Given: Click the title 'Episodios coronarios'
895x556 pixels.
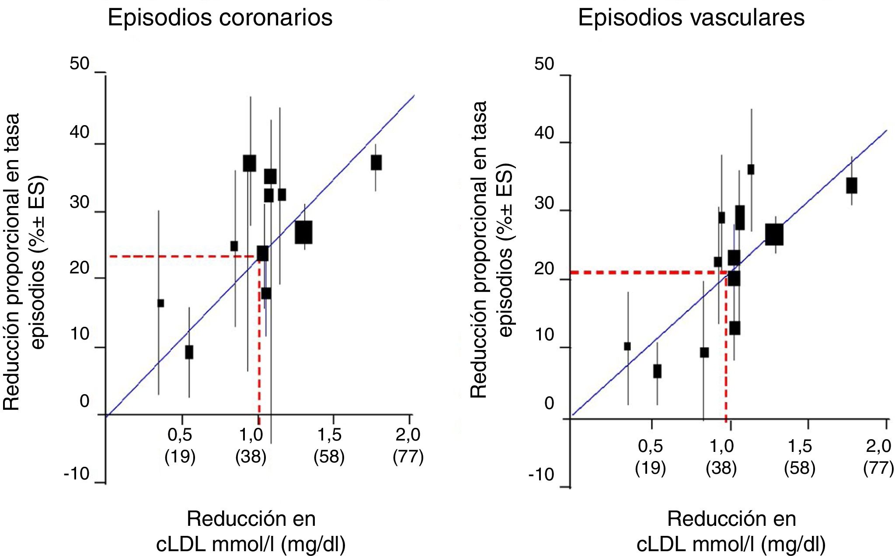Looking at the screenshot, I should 220,18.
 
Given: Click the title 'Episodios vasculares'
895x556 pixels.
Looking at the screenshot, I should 691,18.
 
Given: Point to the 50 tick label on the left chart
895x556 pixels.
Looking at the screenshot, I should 79,64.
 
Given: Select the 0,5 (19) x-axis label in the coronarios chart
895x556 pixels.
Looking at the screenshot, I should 180,445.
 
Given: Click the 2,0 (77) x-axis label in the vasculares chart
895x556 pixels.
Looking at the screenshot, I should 878,457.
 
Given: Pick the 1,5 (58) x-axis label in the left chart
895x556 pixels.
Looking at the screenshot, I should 329,445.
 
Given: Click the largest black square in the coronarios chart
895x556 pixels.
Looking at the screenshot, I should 303,232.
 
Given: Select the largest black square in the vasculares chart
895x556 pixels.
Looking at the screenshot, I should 774,234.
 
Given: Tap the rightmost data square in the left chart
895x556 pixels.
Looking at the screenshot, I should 376,162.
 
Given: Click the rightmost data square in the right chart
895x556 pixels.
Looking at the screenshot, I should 851,185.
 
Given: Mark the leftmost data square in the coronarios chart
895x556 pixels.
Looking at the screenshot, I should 160,303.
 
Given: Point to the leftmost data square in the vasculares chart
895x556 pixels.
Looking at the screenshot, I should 627,346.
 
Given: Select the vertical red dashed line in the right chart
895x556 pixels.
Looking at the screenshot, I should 726,350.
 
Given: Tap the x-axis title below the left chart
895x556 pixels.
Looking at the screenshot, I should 251,532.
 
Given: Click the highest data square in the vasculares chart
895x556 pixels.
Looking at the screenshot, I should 751,169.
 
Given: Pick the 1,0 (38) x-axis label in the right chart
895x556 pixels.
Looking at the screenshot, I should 721,457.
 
